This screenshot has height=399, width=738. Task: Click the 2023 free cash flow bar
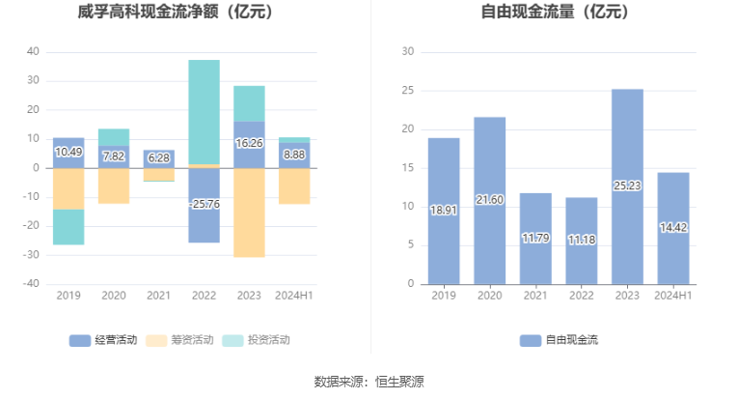[x=627, y=186]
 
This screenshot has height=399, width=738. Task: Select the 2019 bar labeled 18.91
[x=444, y=211]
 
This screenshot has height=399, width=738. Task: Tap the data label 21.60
[x=489, y=200]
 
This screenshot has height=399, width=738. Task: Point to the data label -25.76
[x=205, y=204]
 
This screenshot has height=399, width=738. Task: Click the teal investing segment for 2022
[x=205, y=112]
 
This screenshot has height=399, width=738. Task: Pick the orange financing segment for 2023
[x=249, y=213]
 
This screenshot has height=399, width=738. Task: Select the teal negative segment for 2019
[x=68, y=227]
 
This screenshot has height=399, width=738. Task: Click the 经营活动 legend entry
[x=103, y=340]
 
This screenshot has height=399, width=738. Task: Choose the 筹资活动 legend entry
[x=179, y=340]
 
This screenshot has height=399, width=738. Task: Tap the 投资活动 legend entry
[x=256, y=340]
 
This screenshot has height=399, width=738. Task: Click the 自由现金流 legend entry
[x=559, y=340]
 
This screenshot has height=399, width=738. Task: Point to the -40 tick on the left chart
[x=31, y=284]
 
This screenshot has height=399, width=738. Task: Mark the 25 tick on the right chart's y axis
[x=408, y=90]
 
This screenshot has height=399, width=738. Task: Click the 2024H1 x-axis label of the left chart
[x=294, y=296]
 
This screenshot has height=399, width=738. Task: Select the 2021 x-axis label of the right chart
[x=535, y=296]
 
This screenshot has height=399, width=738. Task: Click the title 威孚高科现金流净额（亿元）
[x=175, y=12]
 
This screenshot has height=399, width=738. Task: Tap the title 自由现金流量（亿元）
[x=555, y=12]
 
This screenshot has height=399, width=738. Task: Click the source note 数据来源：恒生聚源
[x=369, y=382]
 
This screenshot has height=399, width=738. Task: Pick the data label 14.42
[x=673, y=228]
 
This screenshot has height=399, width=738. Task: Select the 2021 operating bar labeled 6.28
[x=159, y=159]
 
